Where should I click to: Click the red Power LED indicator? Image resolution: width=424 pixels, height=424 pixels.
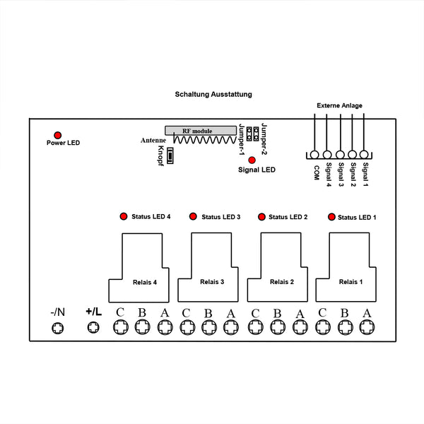[57, 134]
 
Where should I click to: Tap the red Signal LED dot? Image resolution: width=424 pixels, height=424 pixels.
[252, 160]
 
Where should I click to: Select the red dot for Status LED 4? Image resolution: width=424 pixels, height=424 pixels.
[123, 216]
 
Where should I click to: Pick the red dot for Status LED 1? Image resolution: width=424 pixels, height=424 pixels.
[331, 216]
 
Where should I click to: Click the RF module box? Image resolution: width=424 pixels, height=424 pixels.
[200, 131]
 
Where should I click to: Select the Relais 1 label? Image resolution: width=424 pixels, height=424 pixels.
[351, 282]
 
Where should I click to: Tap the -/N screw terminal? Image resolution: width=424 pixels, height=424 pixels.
[58, 327]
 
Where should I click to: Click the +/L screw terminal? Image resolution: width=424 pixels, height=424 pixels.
[92, 327]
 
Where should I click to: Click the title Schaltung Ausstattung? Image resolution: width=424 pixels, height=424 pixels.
[213, 94]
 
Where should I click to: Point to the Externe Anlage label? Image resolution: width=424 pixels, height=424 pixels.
[339, 106]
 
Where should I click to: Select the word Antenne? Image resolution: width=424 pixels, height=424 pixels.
[153, 141]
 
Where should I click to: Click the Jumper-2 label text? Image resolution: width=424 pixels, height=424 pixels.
[264, 138]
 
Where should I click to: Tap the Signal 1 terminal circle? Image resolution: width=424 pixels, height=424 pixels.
[364, 155]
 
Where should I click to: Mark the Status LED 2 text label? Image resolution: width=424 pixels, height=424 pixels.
[288, 216]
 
